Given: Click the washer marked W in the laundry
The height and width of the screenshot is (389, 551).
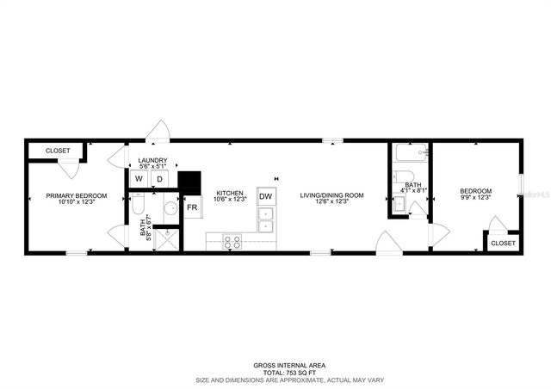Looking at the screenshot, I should (137, 179).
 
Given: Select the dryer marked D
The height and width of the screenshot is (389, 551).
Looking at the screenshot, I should (159, 179).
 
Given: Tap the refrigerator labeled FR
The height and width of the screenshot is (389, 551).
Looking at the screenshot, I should (192, 207).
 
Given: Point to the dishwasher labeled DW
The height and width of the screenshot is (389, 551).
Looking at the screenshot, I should (266, 197).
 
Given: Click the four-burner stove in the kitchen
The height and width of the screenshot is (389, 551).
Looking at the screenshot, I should (232, 242).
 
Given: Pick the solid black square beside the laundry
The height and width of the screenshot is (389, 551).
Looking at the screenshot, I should (189, 182).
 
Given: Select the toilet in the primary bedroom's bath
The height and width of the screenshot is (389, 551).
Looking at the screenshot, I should (138, 207).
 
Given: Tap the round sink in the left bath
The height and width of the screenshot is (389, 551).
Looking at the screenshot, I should (170, 208).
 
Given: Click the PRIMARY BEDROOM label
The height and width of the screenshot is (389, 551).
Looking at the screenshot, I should (77, 195).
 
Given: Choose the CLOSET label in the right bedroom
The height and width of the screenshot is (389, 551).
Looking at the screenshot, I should (503, 244).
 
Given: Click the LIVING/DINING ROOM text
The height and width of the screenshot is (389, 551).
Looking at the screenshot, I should (331, 195).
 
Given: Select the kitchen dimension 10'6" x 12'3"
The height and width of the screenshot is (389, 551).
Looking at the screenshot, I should (230, 201).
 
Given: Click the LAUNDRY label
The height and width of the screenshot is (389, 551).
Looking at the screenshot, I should (152, 160).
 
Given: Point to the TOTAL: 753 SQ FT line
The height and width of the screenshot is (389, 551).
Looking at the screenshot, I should (276, 371).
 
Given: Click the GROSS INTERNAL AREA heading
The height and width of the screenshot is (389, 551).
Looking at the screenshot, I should (276, 365).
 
